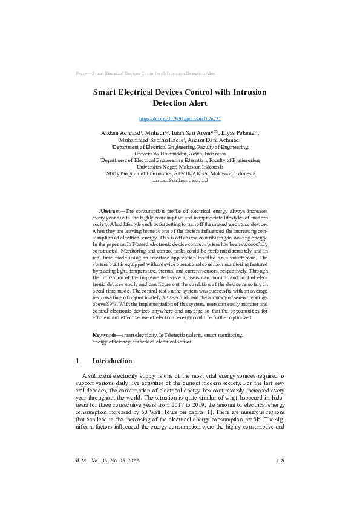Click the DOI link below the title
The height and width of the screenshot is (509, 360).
pos(180,119)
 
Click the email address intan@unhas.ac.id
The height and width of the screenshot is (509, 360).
pos(180,180)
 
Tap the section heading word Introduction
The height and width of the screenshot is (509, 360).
pos(112,361)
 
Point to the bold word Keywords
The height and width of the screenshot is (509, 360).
pos(106,334)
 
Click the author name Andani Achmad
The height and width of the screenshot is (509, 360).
pos(119,133)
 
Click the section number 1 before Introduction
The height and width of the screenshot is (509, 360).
pos(77,361)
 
